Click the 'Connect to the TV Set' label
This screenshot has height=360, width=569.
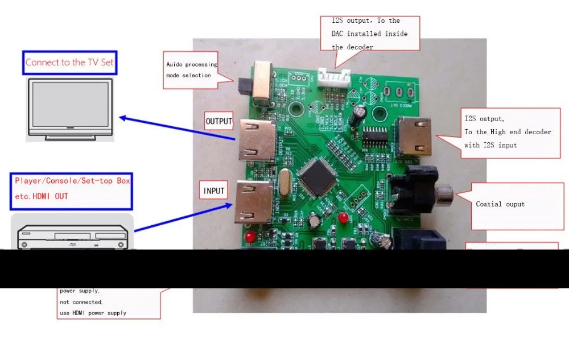coord(69,63)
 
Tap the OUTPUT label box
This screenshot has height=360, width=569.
coord(219,121)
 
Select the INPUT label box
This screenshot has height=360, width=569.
coord(214,191)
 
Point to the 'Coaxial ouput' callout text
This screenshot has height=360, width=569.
coord(500,204)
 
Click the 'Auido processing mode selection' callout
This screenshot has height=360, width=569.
coord(192,70)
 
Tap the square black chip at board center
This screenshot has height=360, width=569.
coord(319,175)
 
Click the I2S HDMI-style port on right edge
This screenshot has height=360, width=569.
coord(416,136)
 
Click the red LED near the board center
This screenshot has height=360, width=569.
coord(343,218)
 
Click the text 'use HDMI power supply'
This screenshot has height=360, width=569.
coord(93,313)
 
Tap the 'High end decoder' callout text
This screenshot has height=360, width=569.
coord(508,132)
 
